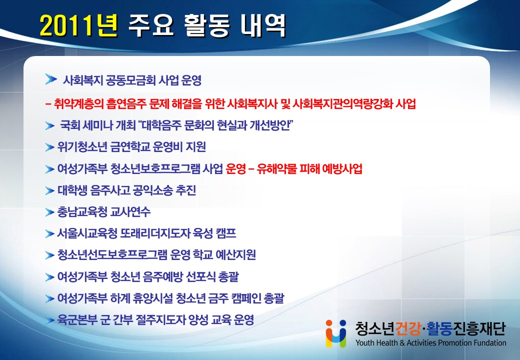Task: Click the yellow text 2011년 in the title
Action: (79, 25)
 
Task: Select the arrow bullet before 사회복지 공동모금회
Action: (50, 79)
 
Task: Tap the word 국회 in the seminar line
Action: (70, 125)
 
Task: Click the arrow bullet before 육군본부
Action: (49, 320)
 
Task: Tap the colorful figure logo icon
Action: (336, 333)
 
